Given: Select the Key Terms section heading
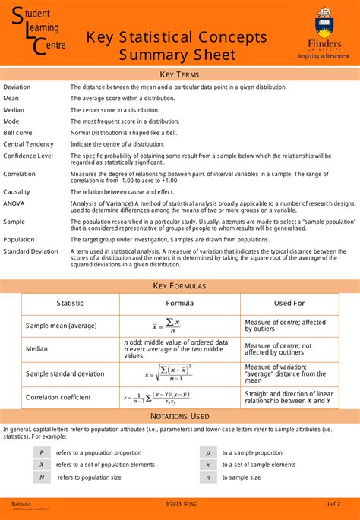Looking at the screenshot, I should tap(179, 74).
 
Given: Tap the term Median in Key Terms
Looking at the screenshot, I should tap(14, 109).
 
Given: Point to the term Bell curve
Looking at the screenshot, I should tap(17, 132).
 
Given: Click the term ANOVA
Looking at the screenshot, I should tap(14, 203).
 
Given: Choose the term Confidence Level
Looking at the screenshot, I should tap(28, 156).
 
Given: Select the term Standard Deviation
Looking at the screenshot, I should tap(30, 251).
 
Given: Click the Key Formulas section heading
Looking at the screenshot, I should tap(179, 285).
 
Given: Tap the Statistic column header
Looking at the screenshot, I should tap(70, 303).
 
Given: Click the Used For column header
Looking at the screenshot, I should tap(289, 303).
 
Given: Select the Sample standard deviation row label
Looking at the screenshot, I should tap(65, 373).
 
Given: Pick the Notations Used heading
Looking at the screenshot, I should tap(179, 416).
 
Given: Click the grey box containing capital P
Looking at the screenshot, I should tap(42, 452).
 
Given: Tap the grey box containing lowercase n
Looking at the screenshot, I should tap(208, 477).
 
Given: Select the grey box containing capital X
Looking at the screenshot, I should tap(42, 465).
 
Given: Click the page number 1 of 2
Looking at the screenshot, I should tap(333, 504).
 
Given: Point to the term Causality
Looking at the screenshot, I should tap(17, 192).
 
